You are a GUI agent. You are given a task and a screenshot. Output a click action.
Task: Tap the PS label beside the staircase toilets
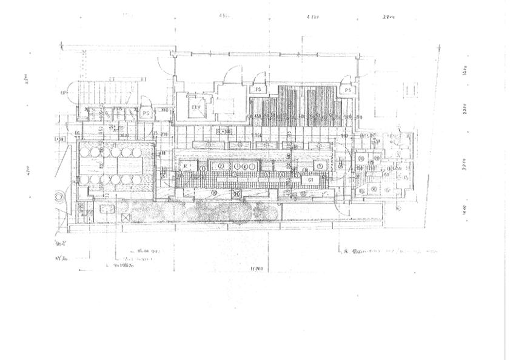tap(146, 112)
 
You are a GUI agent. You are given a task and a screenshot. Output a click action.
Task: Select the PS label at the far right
tap(347, 90)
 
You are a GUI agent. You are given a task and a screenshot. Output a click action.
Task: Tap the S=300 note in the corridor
tap(224, 131)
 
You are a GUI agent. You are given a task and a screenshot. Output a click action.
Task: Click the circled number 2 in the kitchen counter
tap(221, 165)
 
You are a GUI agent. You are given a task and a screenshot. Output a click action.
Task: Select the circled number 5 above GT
tap(318, 166)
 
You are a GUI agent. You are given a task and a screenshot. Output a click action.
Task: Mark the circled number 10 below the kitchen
tap(213, 193)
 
